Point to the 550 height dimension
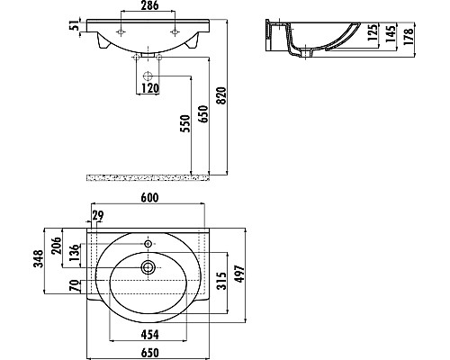tap(185, 124)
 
